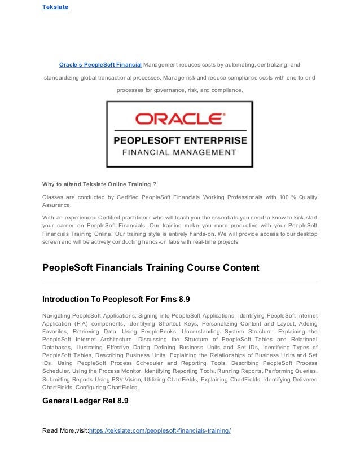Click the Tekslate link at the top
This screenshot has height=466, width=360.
pos(55,7)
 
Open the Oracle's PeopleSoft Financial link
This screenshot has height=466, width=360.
pos(100,65)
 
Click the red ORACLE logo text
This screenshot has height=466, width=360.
pos(179,119)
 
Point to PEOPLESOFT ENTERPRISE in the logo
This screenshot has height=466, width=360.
pos(180,139)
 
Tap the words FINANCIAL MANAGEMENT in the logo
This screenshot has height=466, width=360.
pos(180,152)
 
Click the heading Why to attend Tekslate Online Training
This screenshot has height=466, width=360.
pos(99,183)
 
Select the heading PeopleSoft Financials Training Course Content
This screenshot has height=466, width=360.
pos(151,268)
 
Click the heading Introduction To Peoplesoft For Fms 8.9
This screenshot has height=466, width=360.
pos(116,298)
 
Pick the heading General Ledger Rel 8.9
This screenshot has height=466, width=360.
pos(85,401)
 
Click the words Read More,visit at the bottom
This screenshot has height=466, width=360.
pos(65,431)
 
